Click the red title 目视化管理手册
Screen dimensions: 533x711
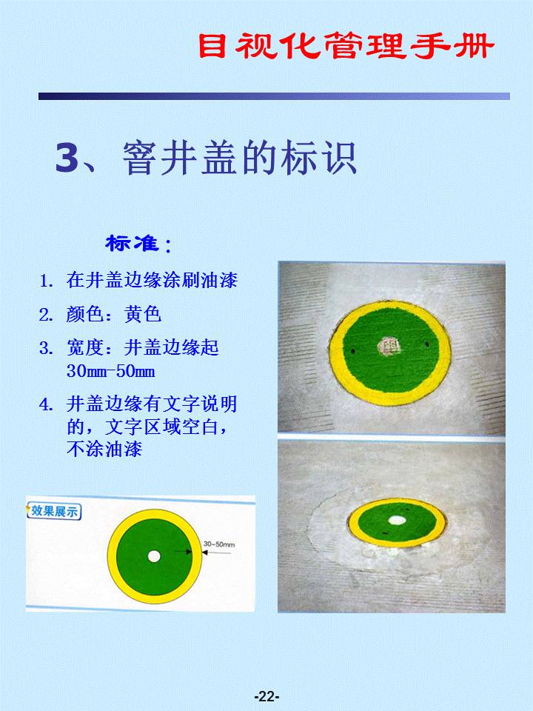pyautogui.click(x=346, y=45)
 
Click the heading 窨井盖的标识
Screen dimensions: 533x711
pyautogui.click(x=239, y=158)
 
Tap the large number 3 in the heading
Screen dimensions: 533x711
pyautogui.click(x=67, y=158)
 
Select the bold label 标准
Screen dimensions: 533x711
pyautogui.click(x=132, y=244)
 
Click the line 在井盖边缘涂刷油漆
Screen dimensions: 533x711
pyautogui.click(x=152, y=280)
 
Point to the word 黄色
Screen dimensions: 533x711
pyautogui.click(x=143, y=314)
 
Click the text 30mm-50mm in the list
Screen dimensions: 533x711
pyautogui.click(x=110, y=371)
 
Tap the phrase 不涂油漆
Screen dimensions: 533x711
pyautogui.click(x=104, y=449)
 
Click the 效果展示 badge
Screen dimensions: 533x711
pyautogui.click(x=54, y=512)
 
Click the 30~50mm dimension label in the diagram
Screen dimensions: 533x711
pyautogui.click(x=219, y=544)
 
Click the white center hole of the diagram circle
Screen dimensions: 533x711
pyautogui.click(x=154, y=556)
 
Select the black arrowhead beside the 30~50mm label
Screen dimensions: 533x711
pyautogui.click(x=204, y=553)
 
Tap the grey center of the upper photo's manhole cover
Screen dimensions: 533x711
pyautogui.click(x=389, y=347)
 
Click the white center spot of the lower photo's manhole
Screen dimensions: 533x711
pyautogui.click(x=397, y=520)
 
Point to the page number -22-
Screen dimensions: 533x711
pyautogui.click(x=266, y=696)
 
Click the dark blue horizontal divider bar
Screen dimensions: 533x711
pyautogui.click(x=274, y=96)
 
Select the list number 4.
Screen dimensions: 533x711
pyautogui.click(x=46, y=404)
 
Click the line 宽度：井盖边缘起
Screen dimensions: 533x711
pyautogui.click(x=143, y=348)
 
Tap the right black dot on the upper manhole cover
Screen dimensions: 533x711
pyautogui.click(x=427, y=344)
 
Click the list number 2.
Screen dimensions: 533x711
pyautogui.click(x=46, y=315)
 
